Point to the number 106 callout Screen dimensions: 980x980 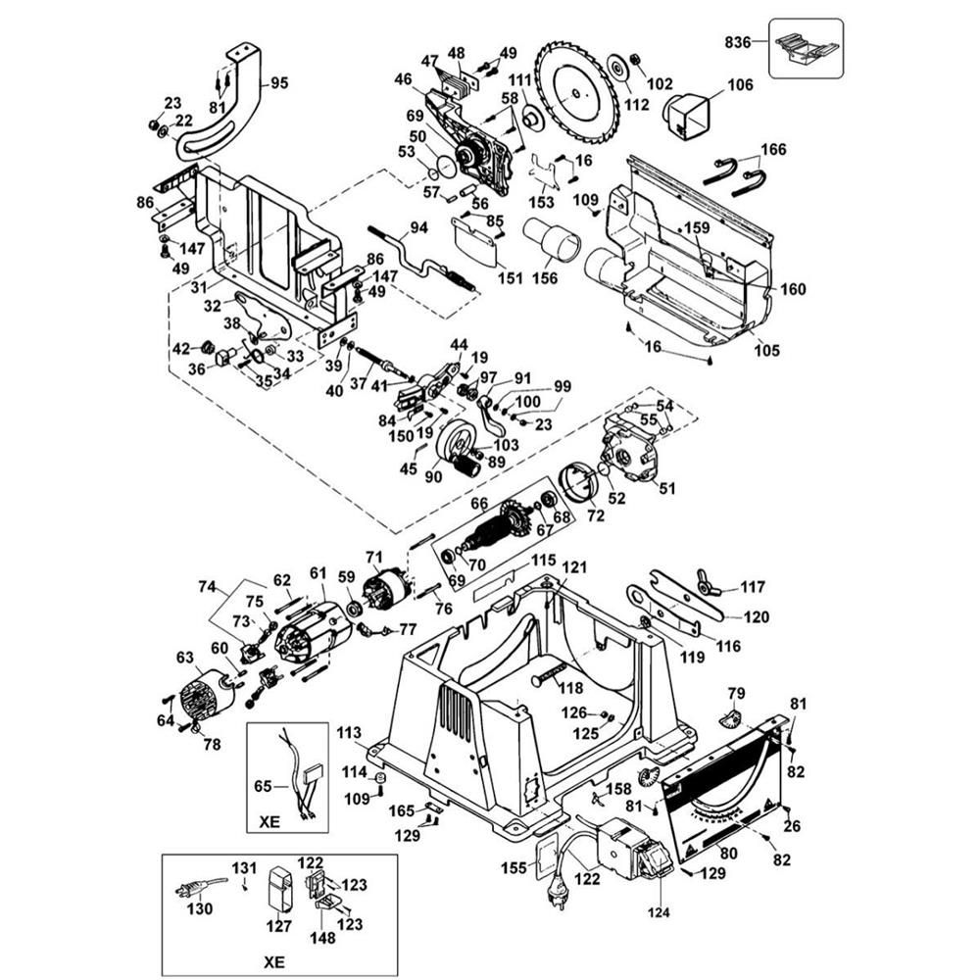coord(740,85)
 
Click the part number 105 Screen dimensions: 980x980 coord(767,351)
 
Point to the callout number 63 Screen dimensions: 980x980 coord(185,659)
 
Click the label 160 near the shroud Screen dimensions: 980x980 coord(793,289)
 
